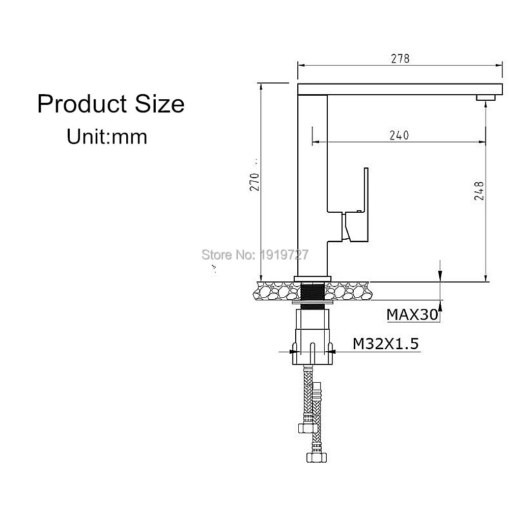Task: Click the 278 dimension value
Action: pos(400,59)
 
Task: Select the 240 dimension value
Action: pos(399,135)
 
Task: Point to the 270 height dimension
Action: pos(254,182)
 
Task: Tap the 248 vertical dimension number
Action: pos(479,191)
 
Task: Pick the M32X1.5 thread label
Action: pos(386,344)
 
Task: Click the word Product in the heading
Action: pos(80,104)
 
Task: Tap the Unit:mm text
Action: pos(107,136)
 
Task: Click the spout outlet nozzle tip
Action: pos(486,98)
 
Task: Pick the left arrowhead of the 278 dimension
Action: pos(301,65)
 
